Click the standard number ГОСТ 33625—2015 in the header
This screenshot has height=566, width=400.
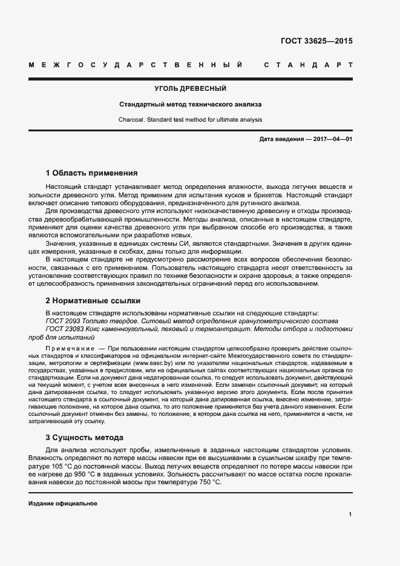316,42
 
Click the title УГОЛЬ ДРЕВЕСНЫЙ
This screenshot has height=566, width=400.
191,89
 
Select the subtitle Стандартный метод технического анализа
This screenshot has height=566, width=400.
191,104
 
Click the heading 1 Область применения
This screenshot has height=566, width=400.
92,173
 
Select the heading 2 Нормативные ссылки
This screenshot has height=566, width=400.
93,300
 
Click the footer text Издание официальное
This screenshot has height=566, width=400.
63,504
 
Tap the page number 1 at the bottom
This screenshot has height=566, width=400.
350,515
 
